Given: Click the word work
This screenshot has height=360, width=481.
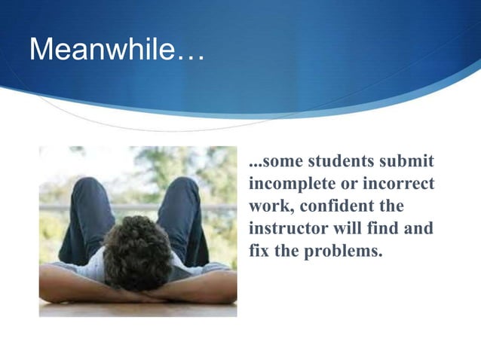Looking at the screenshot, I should point(268,206).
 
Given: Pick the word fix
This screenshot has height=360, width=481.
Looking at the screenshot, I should point(259,249).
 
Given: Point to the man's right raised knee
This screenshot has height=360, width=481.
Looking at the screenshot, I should point(181,188).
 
